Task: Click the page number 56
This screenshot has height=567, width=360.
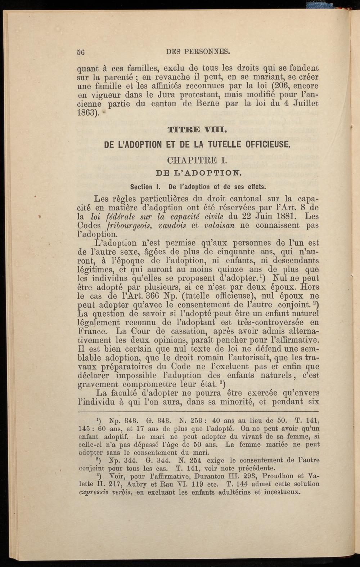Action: coord(81,52)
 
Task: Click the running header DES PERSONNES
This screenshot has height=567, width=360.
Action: coord(198,52)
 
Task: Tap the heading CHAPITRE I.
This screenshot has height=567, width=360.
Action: coord(197,160)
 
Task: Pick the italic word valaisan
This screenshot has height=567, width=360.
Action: coord(219,226)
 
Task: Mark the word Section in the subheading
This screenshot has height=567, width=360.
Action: coord(141,187)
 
